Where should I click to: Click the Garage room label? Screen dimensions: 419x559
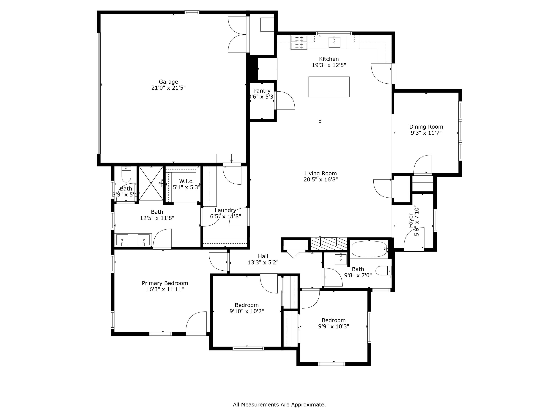pos(168,82)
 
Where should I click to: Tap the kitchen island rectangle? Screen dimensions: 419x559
pos(329,87)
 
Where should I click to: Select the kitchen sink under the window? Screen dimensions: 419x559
pos(334,42)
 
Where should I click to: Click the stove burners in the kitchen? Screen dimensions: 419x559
pos(299,42)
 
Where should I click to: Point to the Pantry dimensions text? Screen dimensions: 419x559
pos(262,97)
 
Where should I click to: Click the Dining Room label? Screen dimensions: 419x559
pos(426,127)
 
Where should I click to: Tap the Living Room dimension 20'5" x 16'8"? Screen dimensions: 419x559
pos(320,180)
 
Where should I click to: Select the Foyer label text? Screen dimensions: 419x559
pos(411,220)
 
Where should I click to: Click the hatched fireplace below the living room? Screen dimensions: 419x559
pos(329,244)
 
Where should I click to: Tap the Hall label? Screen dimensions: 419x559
pos(263,256)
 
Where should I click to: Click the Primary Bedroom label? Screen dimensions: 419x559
pos(165,283)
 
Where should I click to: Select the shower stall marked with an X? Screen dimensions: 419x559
pos(151,183)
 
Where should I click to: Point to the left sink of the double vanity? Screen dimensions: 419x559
pos(122,240)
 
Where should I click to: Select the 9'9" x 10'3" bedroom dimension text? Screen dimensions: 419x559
pos(333,326)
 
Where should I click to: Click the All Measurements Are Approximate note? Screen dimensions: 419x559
pos(279,405)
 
